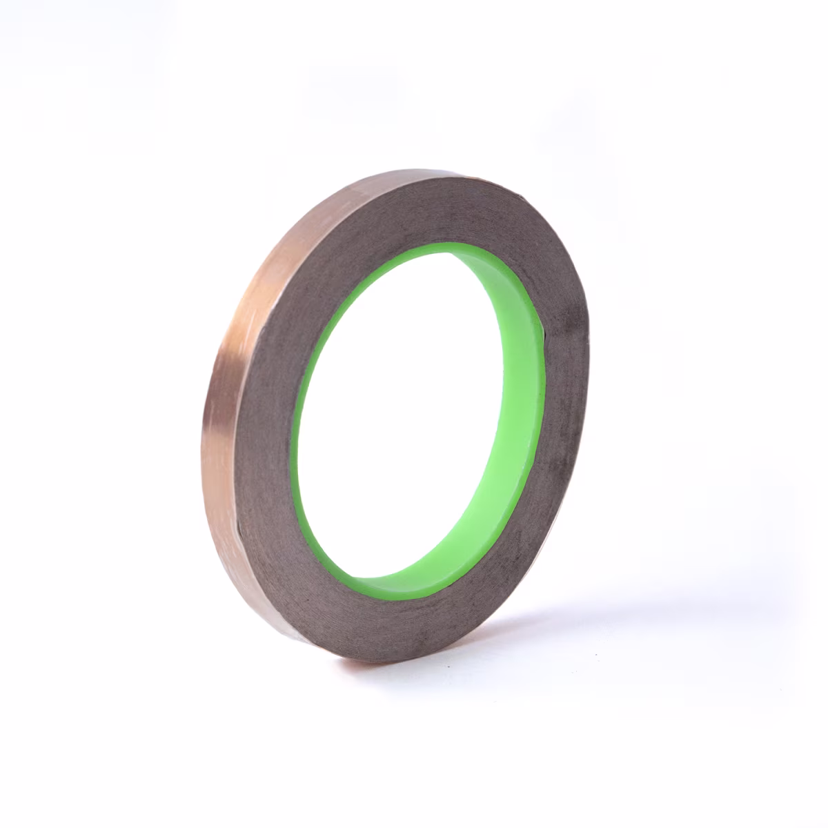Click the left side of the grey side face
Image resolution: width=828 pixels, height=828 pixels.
[x=266, y=428]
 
